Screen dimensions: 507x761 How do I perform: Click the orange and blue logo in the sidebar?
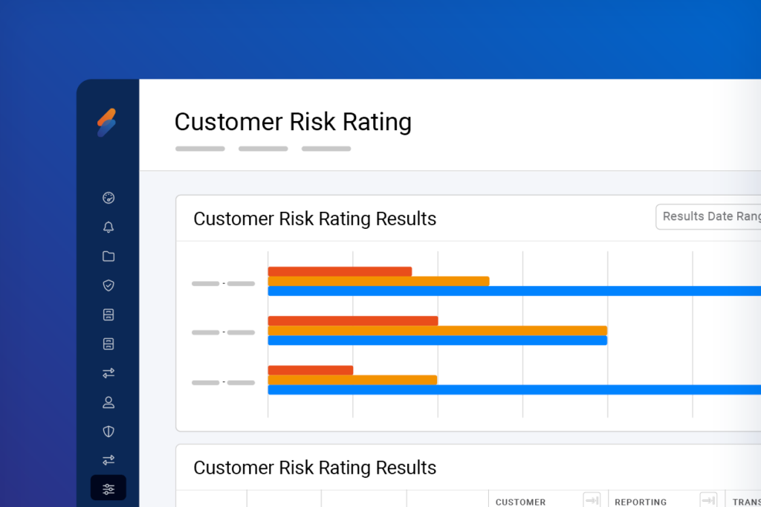point(107,123)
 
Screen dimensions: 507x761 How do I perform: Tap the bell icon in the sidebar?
point(109,227)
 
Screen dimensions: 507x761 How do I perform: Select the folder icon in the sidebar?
point(109,256)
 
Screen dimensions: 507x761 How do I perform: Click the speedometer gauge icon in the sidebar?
point(109,198)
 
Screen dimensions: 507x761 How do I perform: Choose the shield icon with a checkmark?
point(109,285)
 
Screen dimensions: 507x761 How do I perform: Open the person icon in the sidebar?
point(109,402)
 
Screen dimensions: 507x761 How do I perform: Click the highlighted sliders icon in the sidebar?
point(109,488)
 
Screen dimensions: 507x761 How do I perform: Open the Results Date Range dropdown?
point(710,216)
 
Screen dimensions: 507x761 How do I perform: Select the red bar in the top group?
point(340,271)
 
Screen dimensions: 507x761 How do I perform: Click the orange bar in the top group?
point(378,281)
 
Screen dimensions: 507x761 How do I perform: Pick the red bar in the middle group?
point(353,321)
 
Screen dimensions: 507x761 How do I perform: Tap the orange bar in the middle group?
point(437,331)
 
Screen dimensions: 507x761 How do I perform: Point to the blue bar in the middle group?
point(437,340)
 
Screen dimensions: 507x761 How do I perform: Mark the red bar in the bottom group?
point(311,370)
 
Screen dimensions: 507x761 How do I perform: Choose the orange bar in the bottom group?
point(352,380)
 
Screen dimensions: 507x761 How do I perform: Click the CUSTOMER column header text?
point(521,502)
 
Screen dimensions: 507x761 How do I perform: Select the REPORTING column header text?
point(641,502)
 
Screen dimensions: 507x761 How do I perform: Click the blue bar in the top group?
point(513,291)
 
